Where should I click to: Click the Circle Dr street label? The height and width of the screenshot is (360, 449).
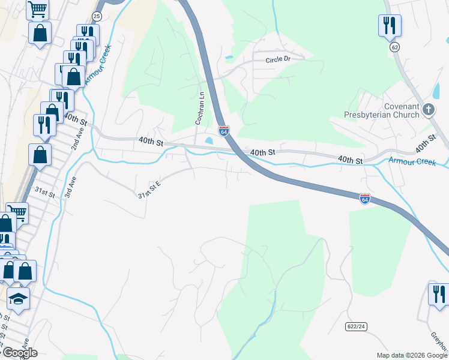[x=278, y=60]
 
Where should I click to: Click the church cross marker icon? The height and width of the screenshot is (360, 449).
[x=428, y=109]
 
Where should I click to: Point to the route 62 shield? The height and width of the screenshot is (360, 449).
[x=394, y=47]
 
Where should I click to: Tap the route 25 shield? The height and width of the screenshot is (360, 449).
[x=97, y=16]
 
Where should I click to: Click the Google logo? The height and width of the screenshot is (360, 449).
[x=19, y=353]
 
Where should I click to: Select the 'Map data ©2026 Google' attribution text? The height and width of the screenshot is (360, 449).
[x=412, y=355]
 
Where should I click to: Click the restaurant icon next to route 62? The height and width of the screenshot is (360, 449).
[x=390, y=25]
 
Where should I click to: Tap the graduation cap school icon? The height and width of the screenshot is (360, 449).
[x=19, y=298]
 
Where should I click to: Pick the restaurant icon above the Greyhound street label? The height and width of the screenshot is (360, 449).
[x=439, y=294]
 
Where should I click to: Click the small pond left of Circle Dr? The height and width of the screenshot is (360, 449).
[x=229, y=58]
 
